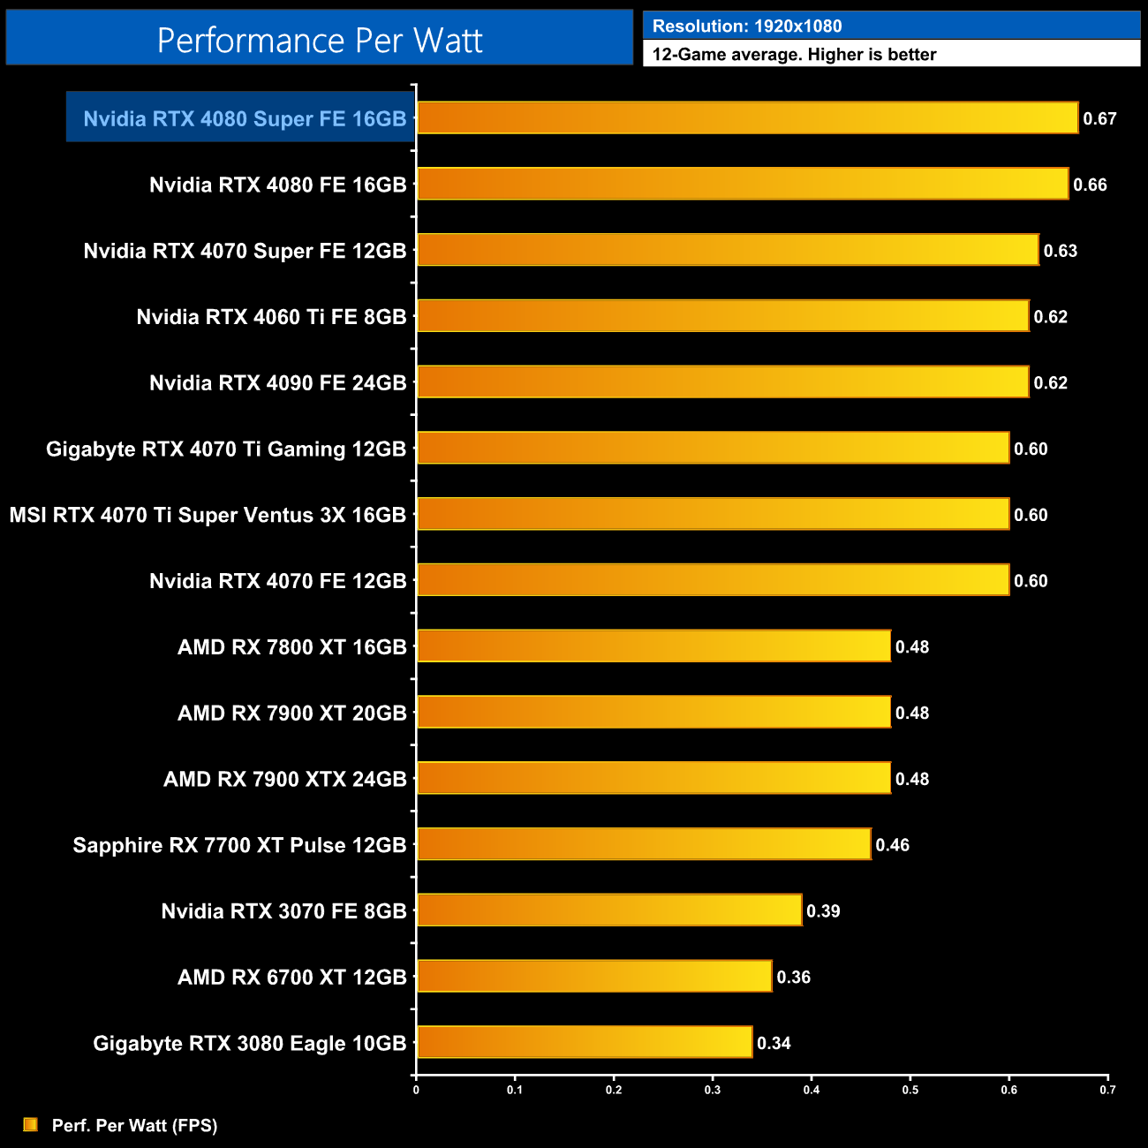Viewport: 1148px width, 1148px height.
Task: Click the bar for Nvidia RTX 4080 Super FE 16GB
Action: click(747, 118)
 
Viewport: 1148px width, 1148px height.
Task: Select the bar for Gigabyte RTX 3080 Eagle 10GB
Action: click(585, 1042)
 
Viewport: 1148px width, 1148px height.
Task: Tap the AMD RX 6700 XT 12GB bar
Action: click(594, 976)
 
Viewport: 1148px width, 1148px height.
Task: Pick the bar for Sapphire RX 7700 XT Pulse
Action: click(644, 844)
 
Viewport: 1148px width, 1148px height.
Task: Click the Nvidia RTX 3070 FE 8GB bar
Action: click(609, 910)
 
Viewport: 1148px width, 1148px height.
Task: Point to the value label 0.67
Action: click(1100, 119)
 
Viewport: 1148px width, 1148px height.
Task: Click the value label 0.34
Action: click(774, 1043)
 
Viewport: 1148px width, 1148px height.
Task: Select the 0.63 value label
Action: click(1061, 251)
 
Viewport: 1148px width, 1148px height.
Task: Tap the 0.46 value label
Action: click(892, 845)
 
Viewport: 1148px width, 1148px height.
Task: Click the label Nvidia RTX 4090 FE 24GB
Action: click(277, 382)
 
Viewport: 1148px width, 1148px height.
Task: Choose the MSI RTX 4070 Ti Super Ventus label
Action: click(208, 515)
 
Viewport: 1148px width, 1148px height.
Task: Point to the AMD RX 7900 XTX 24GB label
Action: click(284, 779)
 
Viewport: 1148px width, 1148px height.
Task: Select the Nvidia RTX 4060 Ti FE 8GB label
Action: click(271, 317)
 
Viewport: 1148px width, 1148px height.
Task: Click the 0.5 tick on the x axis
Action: click(910, 1090)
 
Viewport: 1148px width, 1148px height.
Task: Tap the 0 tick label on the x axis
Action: click(416, 1090)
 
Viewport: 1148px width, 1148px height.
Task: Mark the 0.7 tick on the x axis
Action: click(1107, 1090)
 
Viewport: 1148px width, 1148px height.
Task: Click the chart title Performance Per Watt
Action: click(320, 41)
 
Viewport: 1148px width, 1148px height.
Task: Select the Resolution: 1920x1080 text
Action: click(747, 26)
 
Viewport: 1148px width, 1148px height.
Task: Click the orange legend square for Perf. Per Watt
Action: click(31, 1124)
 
